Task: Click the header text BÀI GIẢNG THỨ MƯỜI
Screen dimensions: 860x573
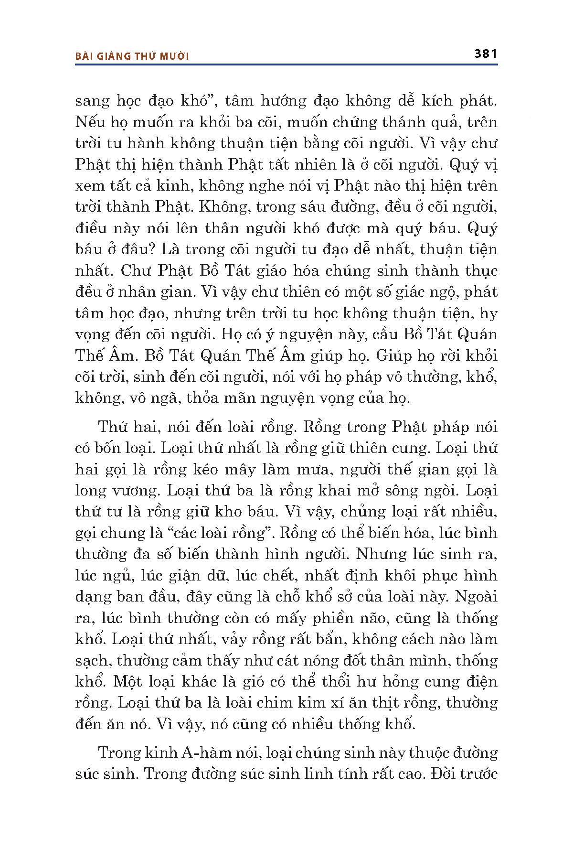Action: (132, 56)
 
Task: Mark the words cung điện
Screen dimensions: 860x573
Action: (463, 682)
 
